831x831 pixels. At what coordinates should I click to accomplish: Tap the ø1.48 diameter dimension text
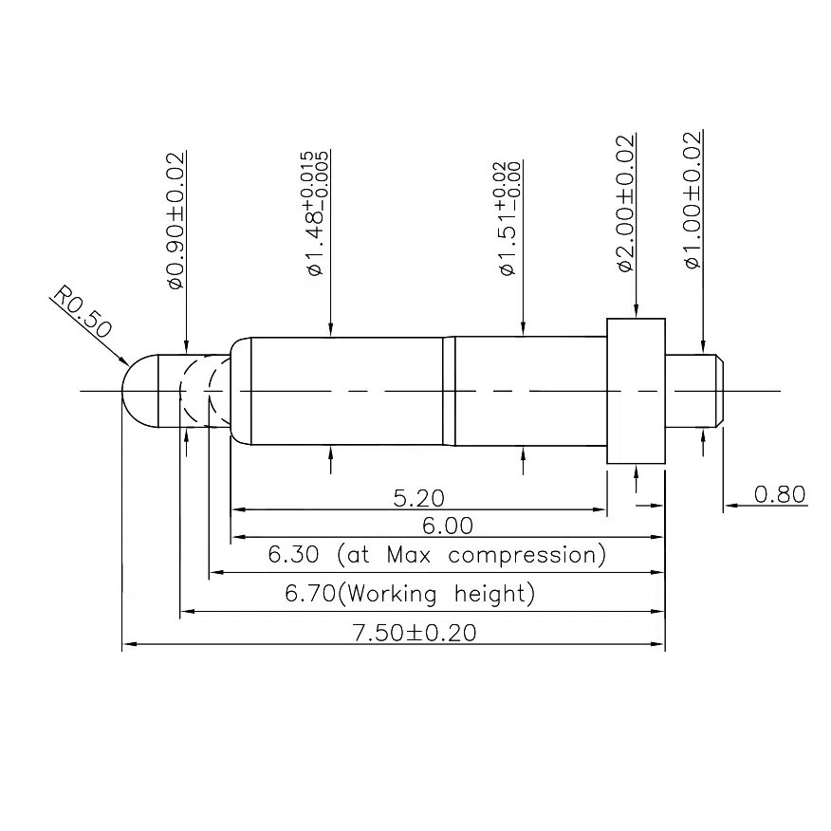316,214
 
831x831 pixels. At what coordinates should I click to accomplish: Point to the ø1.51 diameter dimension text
508,219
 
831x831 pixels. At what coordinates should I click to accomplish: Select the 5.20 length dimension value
418,497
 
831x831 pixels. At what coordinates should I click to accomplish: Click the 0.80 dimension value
779,494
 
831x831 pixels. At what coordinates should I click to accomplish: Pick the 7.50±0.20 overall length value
414,633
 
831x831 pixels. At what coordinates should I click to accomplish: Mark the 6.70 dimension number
311,595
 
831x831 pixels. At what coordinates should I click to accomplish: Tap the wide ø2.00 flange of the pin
636,391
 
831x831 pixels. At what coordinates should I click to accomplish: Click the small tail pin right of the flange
696,391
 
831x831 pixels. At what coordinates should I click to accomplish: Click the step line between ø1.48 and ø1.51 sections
449,391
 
